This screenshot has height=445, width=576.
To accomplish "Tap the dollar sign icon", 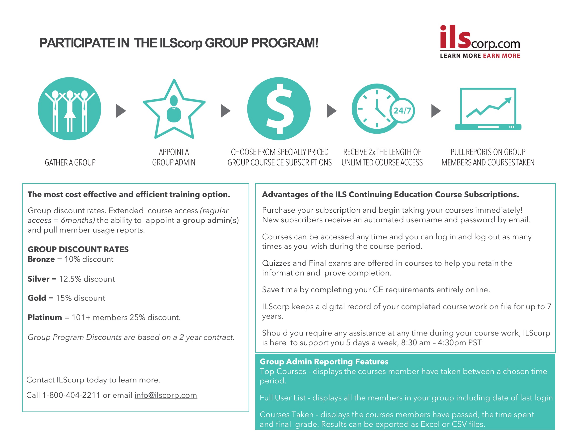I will (x=279, y=109).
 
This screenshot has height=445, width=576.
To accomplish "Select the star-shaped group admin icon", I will (x=174, y=110).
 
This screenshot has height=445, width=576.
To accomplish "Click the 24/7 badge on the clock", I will (x=402, y=110).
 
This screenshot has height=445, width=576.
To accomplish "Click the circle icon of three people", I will (x=69, y=109).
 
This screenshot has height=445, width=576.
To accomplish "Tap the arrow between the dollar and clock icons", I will (x=331, y=110).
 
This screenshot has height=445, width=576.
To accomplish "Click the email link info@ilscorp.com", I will (x=166, y=395).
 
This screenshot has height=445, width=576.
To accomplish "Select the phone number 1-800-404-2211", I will (x=71, y=395).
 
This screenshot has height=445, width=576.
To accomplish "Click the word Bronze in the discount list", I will (x=41, y=259).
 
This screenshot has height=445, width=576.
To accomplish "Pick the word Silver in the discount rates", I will (x=38, y=279).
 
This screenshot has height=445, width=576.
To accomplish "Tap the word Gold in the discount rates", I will (x=37, y=298).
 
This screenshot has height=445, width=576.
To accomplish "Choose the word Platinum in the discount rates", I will (x=45, y=317).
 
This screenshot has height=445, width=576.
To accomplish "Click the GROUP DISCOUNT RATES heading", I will (x=78, y=249).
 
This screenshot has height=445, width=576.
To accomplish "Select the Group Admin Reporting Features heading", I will (x=324, y=361).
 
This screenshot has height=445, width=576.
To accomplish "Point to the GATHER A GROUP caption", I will (x=70, y=162).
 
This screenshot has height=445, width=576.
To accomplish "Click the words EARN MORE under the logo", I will (x=501, y=56).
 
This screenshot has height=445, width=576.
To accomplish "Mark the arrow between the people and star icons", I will (x=121, y=110).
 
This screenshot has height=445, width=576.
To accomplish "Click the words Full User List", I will (x=283, y=398).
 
